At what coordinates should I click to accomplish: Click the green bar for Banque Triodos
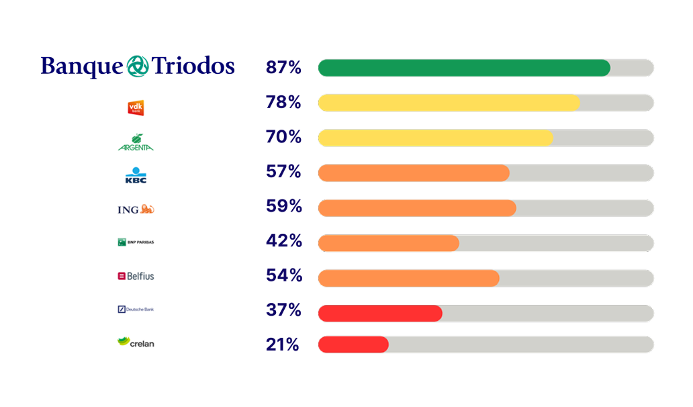pyautogui.click(x=463, y=68)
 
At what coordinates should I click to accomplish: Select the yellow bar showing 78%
pyautogui.click(x=449, y=103)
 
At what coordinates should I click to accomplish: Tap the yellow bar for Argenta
pyautogui.click(x=435, y=138)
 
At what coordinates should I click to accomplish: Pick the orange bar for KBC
pyautogui.click(x=413, y=173)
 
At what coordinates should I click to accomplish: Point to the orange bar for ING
pyautogui.click(x=416, y=208)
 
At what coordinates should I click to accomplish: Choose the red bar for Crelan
pyautogui.click(x=353, y=345)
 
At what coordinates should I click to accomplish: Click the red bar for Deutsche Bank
pyautogui.click(x=380, y=312)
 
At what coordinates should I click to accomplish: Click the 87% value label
pyautogui.click(x=283, y=68)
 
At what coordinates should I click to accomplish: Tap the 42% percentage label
pyautogui.click(x=283, y=241)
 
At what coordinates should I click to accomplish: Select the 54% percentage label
pyautogui.click(x=283, y=275)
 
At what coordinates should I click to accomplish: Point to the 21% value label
pyautogui.click(x=283, y=345)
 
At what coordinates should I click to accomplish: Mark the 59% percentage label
pyautogui.click(x=283, y=206)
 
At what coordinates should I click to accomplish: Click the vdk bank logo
pyautogui.click(x=136, y=107)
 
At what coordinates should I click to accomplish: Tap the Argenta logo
pyautogui.click(x=136, y=142)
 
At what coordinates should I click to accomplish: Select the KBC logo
pyautogui.click(x=136, y=175)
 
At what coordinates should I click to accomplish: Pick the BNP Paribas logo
pyautogui.click(x=136, y=242)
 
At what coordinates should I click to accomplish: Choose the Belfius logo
pyautogui.click(x=136, y=276)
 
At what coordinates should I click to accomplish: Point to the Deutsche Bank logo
pyautogui.click(x=136, y=310)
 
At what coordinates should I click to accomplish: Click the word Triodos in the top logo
pyautogui.click(x=193, y=66)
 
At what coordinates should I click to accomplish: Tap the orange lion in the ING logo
pyautogui.click(x=148, y=210)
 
